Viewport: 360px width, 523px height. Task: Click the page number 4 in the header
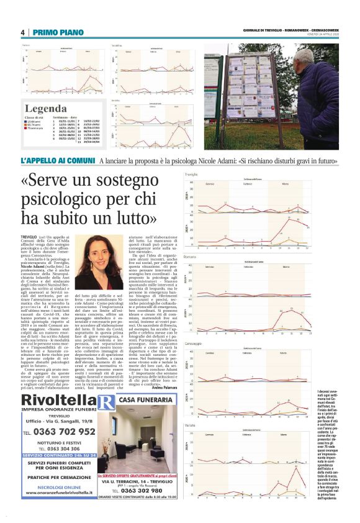pos(22,32)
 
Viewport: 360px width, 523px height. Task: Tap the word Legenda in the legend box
pos(45,107)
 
